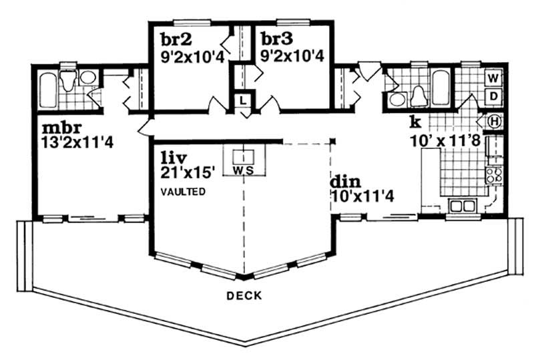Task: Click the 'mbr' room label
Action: (x=58, y=127)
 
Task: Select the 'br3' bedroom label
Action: (x=274, y=38)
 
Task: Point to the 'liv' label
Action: (x=172, y=158)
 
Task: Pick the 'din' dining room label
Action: (x=344, y=182)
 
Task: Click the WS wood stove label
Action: (x=244, y=170)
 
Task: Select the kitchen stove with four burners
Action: (x=494, y=175)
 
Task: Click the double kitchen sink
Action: (x=462, y=205)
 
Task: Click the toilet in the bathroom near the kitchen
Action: (x=419, y=96)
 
